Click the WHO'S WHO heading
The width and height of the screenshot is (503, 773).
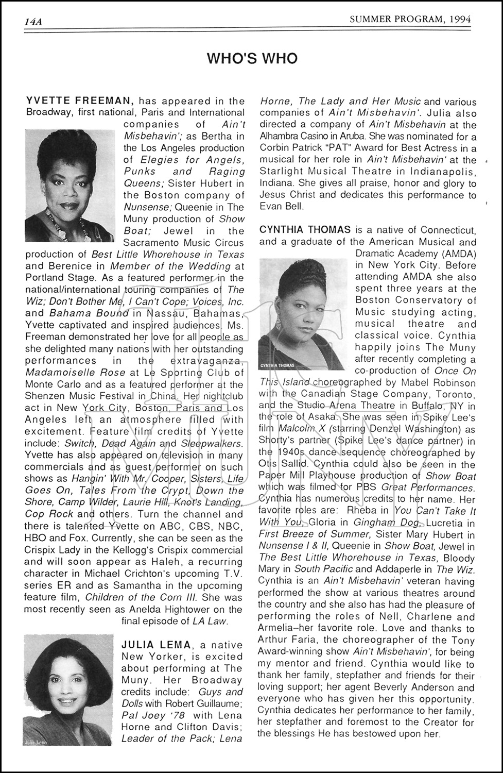tap(252, 58)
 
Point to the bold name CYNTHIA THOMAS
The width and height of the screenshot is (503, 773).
tap(305, 229)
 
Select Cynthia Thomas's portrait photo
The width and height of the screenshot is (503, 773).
tap(305, 314)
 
